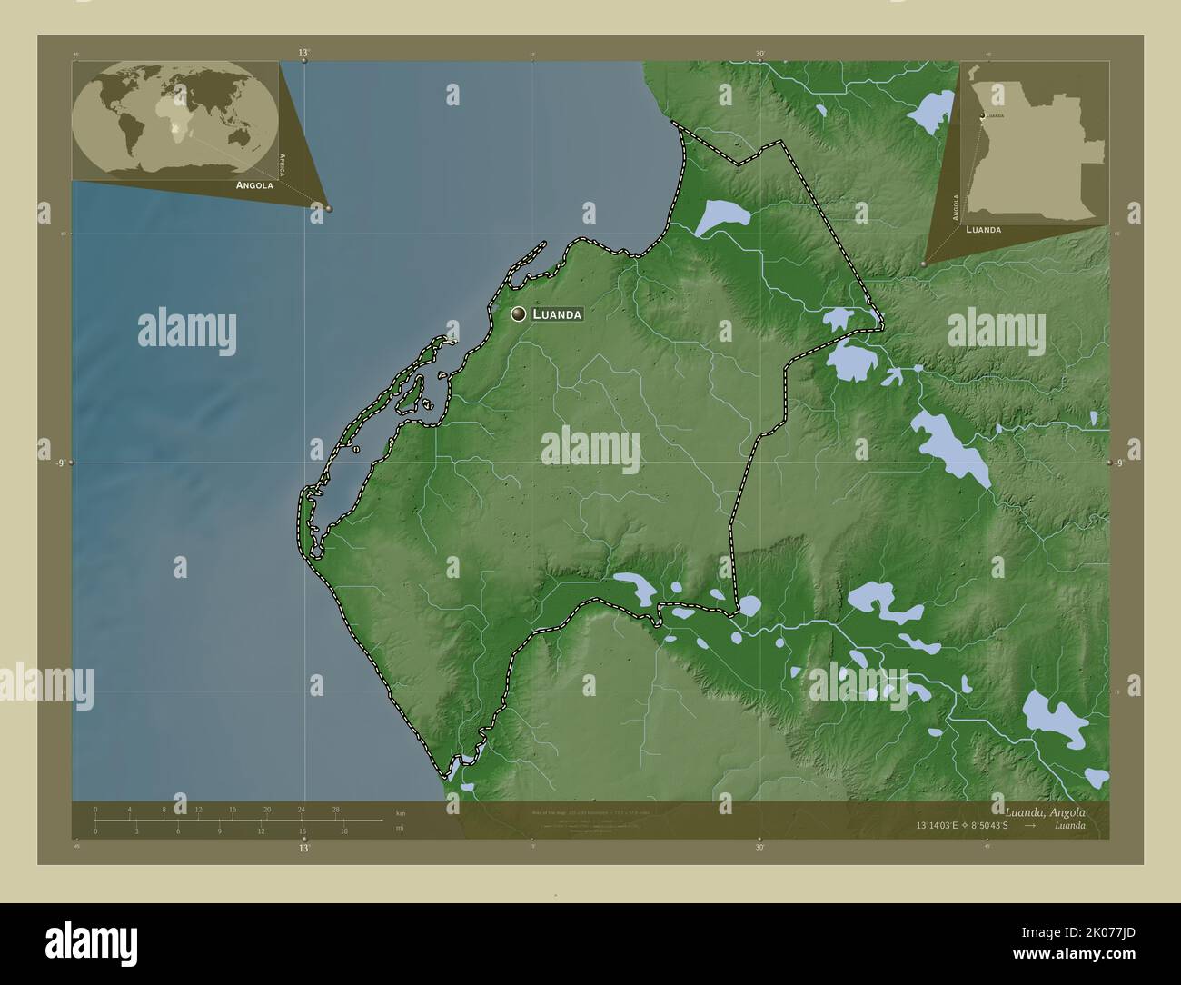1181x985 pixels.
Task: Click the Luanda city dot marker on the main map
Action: (x=519, y=313)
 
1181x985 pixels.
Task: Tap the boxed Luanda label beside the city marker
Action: (x=556, y=314)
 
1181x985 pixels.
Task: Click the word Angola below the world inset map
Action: (x=254, y=184)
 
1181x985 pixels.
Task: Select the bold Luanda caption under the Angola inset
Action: (x=984, y=230)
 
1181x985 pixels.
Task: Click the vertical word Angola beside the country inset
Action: (x=956, y=207)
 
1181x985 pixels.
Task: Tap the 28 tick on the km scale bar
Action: (x=335, y=811)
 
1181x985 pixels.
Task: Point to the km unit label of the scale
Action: (x=400, y=811)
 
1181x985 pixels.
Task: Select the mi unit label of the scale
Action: (x=400, y=828)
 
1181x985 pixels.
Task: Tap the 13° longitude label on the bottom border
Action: (x=303, y=848)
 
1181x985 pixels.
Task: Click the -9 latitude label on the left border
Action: (x=60, y=463)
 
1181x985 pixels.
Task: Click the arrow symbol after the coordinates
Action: (x=1030, y=826)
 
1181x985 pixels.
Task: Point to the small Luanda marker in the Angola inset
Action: (x=981, y=116)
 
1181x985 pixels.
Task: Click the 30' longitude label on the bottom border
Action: (x=759, y=848)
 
